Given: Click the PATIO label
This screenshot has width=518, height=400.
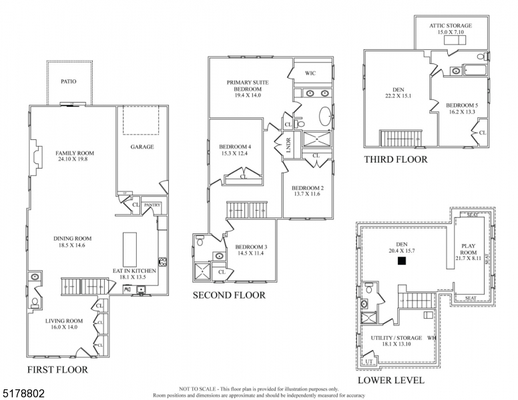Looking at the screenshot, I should [69, 81].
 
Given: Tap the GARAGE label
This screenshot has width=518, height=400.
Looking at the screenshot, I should [142, 147].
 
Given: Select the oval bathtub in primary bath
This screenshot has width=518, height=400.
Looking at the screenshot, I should [323, 117].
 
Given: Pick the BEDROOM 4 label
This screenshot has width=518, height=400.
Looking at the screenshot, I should [235, 147].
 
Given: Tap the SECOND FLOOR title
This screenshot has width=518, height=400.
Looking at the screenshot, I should [229, 295].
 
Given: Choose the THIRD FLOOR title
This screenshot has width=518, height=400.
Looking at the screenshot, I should [396, 159].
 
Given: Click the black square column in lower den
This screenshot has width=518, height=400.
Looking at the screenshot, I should [401, 262].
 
